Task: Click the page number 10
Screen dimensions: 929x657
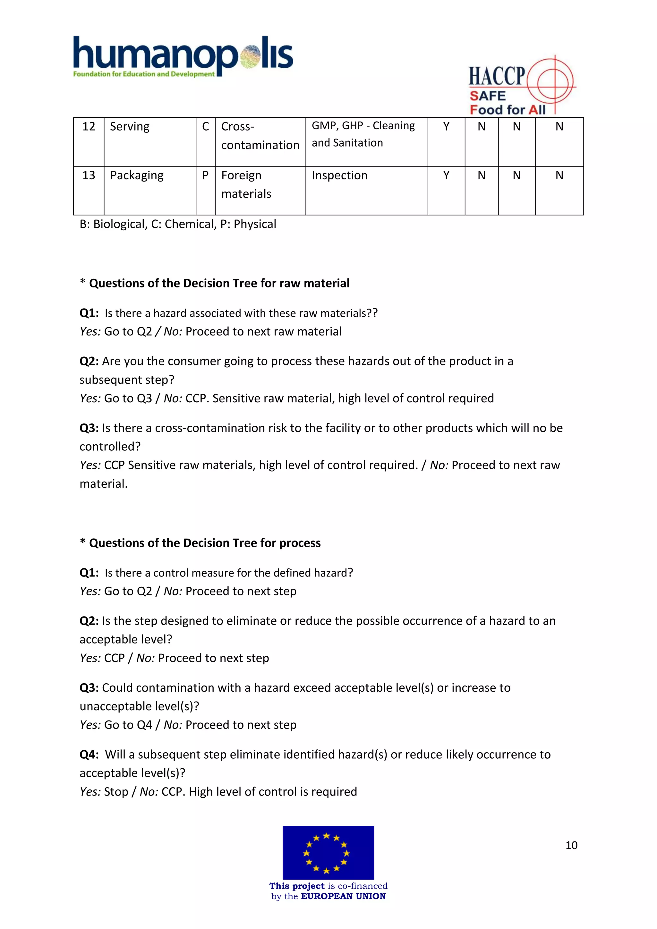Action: click(571, 845)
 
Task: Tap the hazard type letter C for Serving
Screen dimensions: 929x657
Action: click(206, 127)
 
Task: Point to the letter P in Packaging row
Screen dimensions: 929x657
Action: click(206, 175)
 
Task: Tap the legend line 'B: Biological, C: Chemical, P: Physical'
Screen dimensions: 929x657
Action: click(178, 224)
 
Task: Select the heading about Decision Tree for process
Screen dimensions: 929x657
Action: click(205, 543)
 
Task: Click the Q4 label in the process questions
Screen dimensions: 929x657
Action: click(89, 754)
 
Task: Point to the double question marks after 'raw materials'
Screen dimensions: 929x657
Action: click(372, 313)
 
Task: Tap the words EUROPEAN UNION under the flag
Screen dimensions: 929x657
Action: click(343, 896)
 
